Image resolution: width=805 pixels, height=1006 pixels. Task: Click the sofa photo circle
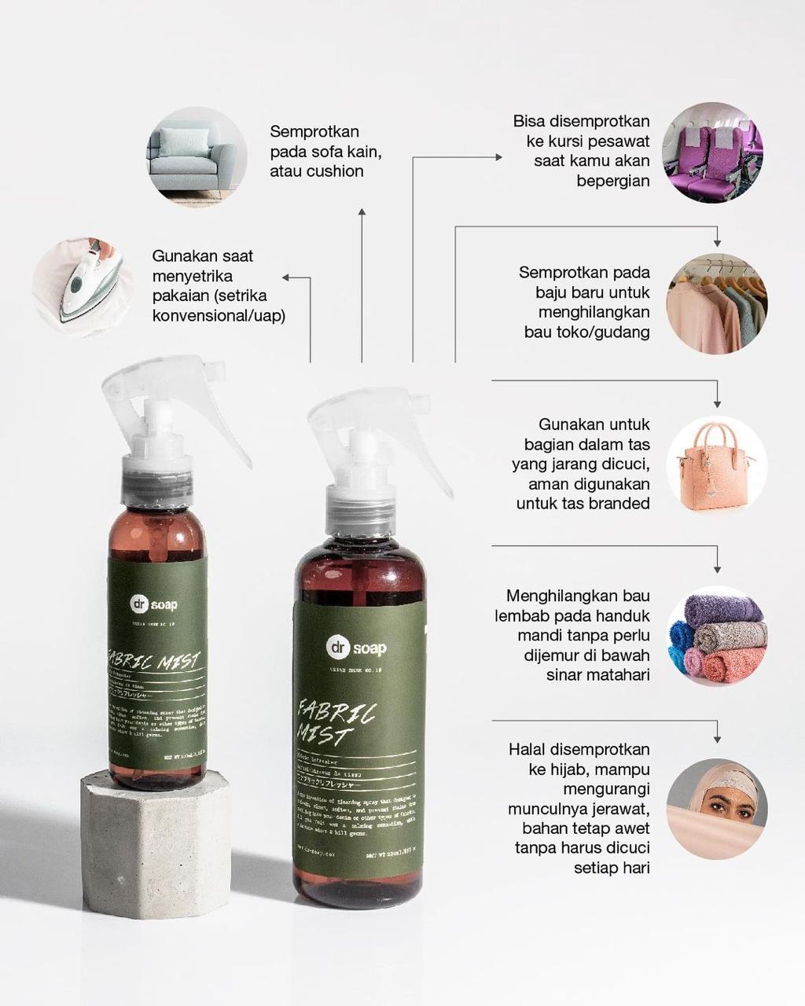pyautogui.click(x=197, y=156)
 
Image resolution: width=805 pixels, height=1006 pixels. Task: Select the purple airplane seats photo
pyautogui.click(x=711, y=152)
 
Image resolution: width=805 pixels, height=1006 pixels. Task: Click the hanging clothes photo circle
pyautogui.click(x=716, y=303)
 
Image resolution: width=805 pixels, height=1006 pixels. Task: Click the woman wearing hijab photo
pyautogui.click(x=716, y=808)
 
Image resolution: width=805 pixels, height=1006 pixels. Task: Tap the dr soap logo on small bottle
pyautogui.click(x=154, y=604)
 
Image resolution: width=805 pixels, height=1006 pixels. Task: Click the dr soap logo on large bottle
pyautogui.click(x=357, y=648)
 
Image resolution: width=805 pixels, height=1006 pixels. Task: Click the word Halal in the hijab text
pyautogui.click(x=528, y=749)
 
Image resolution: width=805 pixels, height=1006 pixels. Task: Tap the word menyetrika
pyautogui.click(x=193, y=276)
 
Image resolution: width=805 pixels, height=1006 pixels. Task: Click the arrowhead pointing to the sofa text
pyautogui.click(x=362, y=212)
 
